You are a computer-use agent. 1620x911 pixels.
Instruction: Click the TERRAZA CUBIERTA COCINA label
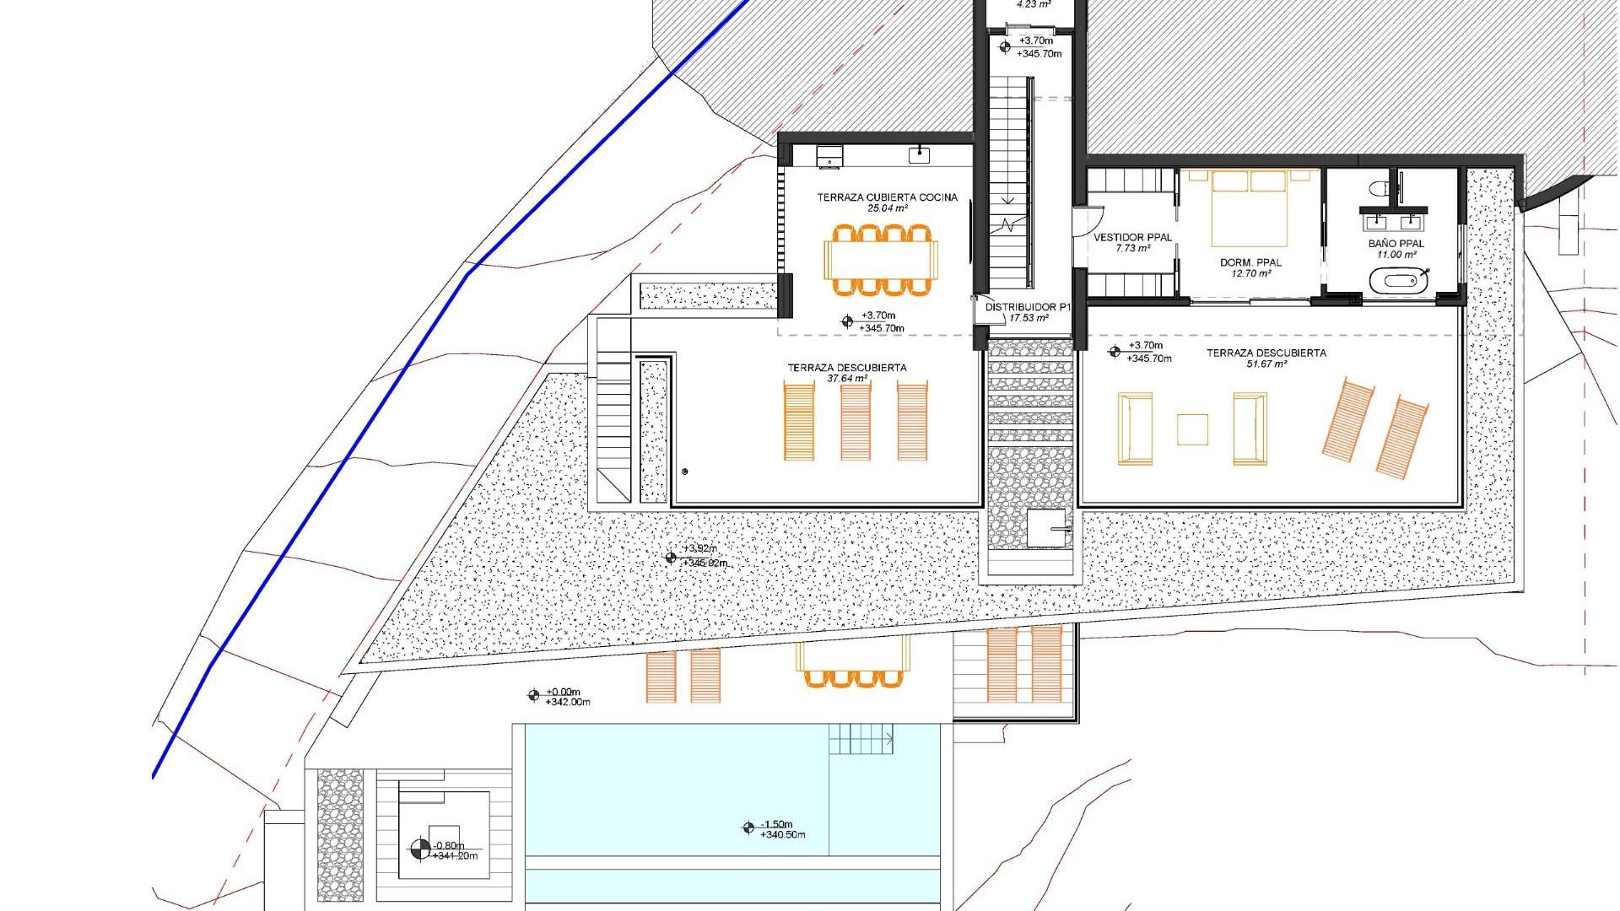[887, 197]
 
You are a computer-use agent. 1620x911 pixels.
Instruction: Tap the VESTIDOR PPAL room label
[1132, 238]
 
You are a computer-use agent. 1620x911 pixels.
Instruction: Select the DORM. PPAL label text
[1250, 262]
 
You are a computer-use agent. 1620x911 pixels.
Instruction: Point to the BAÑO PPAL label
[1396, 244]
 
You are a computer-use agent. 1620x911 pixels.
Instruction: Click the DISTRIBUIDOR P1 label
[1027, 307]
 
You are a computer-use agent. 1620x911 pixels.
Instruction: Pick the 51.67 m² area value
[1266, 364]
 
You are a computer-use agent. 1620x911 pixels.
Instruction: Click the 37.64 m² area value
[847, 379]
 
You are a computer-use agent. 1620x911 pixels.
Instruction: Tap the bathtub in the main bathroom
[1398, 281]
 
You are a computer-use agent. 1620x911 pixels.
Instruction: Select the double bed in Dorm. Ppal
[1250, 208]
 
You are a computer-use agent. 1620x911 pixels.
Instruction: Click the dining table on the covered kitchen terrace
[881, 260]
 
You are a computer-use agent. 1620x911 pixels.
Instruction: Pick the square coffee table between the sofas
[1192, 429]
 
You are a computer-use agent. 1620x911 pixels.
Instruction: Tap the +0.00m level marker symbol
[533, 695]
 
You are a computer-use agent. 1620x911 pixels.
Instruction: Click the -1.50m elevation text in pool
[777, 824]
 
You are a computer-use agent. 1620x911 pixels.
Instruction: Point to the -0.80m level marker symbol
[419, 849]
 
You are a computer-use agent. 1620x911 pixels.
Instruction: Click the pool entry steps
[860, 739]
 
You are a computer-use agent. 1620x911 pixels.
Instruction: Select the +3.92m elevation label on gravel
[700, 549]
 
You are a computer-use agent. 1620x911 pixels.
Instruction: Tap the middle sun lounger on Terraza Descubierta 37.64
[856, 421]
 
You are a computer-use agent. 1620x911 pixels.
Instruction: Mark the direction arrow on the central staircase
[1009, 201]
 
